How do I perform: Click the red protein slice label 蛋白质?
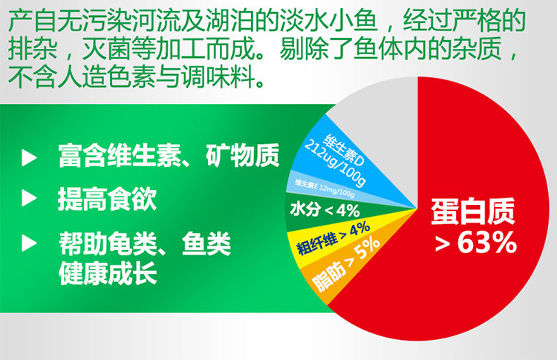click(473, 212)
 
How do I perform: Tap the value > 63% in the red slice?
click(475, 243)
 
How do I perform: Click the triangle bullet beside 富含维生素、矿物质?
click(29, 157)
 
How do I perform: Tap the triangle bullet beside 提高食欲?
click(29, 197)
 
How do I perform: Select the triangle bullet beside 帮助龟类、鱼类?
click(29, 243)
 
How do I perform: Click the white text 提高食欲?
click(107, 199)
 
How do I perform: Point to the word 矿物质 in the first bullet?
click(243, 156)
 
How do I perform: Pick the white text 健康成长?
click(108, 273)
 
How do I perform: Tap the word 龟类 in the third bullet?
click(132, 243)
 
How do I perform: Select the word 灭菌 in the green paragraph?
click(106, 48)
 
